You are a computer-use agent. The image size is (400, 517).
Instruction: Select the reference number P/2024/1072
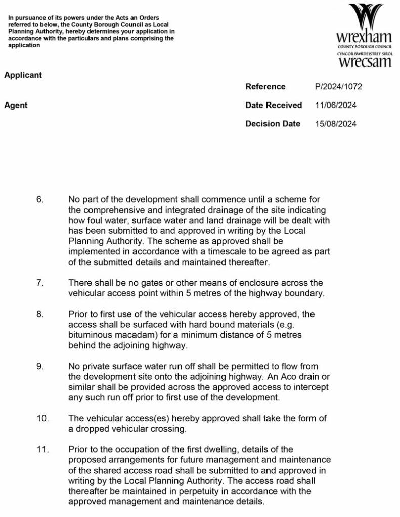[338, 87]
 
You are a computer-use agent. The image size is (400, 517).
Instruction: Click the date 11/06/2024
[336, 105]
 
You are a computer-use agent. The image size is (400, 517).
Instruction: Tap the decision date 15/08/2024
[336, 124]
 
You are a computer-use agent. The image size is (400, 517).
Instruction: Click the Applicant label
[23, 75]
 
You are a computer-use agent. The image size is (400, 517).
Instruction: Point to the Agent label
[16, 105]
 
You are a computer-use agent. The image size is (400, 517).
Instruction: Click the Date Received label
[274, 105]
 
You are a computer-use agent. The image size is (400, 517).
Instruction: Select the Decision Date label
[273, 124]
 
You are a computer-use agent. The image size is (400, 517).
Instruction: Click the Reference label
[265, 87]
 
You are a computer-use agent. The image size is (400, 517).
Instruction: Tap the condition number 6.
[40, 200]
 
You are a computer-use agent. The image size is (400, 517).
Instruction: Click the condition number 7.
[40, 283]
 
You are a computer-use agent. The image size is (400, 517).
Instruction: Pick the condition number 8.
[40, 314]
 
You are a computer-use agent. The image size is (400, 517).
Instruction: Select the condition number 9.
[40, 366]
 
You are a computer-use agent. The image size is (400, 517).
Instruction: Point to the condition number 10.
[42, 418]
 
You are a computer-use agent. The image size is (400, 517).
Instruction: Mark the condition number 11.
[42, 449]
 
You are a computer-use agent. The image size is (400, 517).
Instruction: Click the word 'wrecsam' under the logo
[365, 62]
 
